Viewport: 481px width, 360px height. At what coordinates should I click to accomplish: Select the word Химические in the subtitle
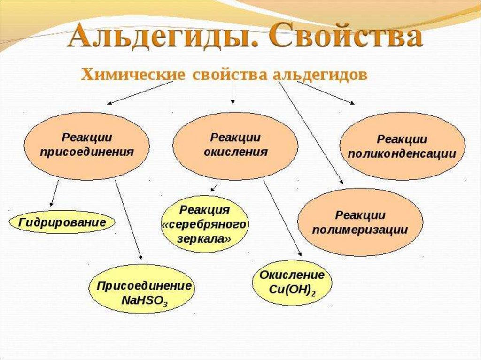click(x=133, y=75)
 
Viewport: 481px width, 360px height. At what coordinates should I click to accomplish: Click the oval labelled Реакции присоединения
click(x=87, y=146)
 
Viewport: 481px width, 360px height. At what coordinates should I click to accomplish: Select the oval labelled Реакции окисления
click(x=235, y=146)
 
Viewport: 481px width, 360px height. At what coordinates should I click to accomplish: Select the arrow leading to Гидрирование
click(x=54, y=193)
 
